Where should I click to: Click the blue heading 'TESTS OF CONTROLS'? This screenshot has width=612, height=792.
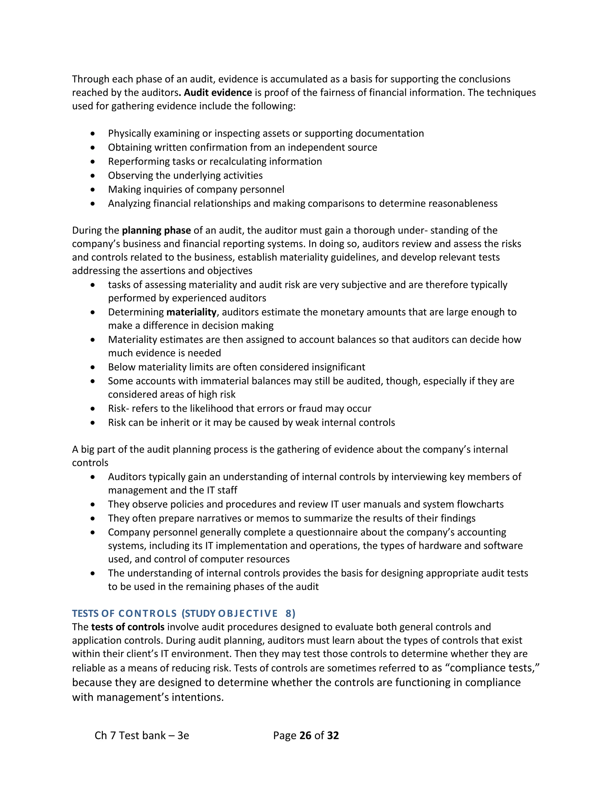pyautogui.click(x=124, y=614)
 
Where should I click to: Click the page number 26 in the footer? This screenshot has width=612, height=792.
pyautogui.click(x=305, y=736)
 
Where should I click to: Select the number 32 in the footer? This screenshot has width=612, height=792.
pyautogui.click(x=333, y=736)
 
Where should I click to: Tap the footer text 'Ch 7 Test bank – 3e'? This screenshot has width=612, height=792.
pyautogui.click(x=142, y=736)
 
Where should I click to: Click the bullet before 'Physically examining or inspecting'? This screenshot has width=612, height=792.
pyautogui.click(x=93, y=134)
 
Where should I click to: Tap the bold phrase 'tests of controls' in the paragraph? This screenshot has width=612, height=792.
pyautogui.click(x=128, y=627)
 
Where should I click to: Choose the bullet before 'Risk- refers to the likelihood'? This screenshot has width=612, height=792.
pyautogui.click(x=93, y=409)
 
